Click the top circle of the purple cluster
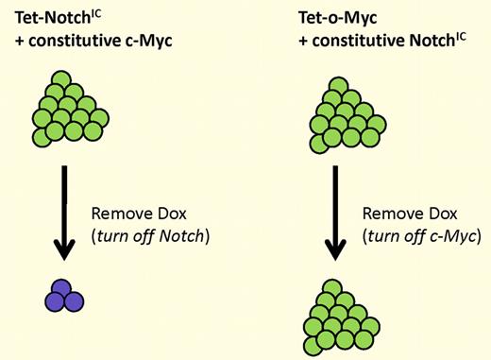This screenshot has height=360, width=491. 64,291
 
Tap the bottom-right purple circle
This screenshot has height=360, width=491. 71,303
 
